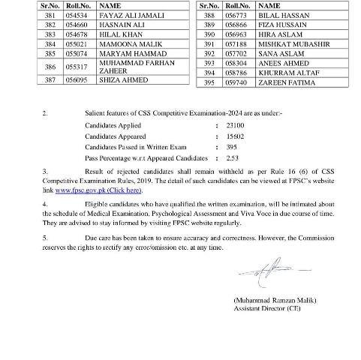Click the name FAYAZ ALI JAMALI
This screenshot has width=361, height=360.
coord(122,14)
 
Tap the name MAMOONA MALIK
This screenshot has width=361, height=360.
coord(121,43)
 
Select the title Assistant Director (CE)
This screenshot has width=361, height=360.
coord(260,305)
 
